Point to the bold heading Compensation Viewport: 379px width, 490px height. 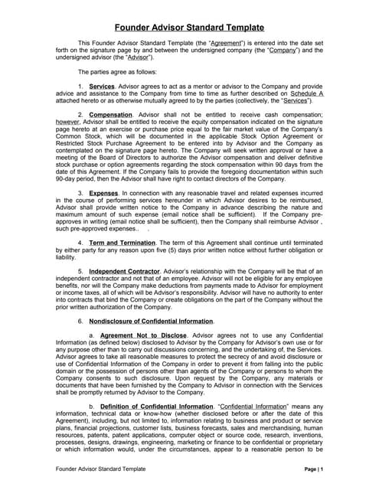pos(111,115)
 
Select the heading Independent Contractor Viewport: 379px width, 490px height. pos(125,271)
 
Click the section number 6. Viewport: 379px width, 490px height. pos(80,320)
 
